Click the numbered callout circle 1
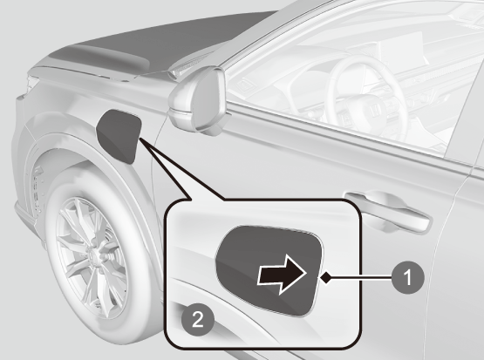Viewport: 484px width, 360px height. (x=408, y=277)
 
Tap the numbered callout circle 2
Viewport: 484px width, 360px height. (x=198, y=319)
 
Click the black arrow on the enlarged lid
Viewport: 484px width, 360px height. (x=282, y=275)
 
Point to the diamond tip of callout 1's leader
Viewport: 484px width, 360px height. (x=325, y=278)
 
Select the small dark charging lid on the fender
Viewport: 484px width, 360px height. (x=119, y=136)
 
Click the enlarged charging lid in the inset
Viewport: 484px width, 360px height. (x=269, y=270)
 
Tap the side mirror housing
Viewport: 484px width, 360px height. (x=198, y=98)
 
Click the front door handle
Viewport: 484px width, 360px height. (x=388, y=212)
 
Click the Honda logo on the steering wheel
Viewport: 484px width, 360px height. (x=375, y=110)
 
